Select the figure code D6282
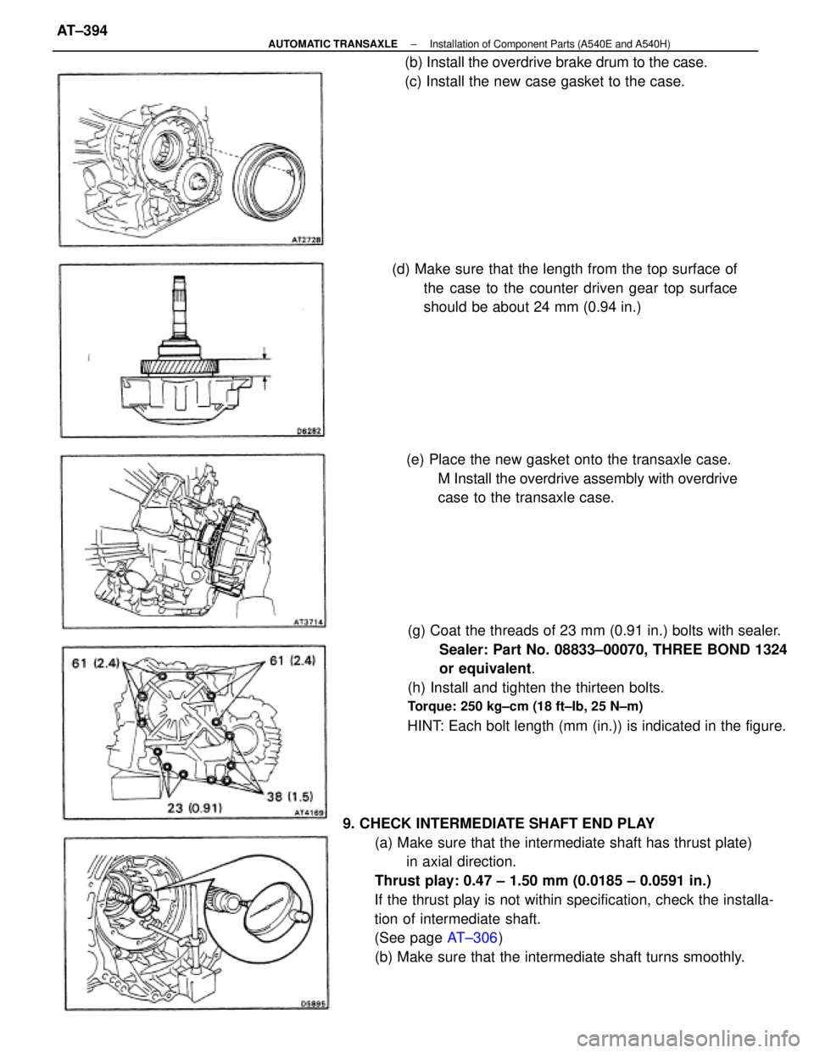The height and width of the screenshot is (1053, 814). click(x=305, y=432)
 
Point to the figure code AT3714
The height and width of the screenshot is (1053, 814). click(x=304, y=621)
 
